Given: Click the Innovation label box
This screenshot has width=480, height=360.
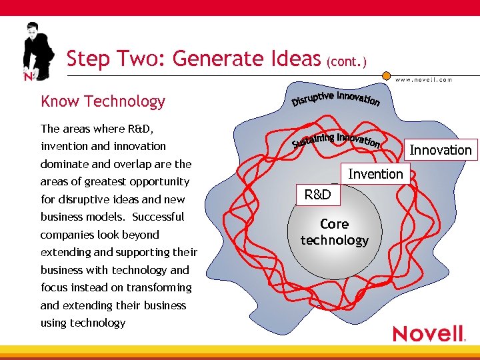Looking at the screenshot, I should point(440,150).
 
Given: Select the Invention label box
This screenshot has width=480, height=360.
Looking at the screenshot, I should point(375,174).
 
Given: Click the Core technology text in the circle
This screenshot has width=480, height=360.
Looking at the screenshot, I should point(334,232).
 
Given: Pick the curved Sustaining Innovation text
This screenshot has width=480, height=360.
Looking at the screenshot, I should point(337,139).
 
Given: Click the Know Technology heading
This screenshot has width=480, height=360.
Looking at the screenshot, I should point(103,101).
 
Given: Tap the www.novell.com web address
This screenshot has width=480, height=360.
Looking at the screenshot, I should point(423,79).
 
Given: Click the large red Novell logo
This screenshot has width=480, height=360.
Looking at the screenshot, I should point(428,333).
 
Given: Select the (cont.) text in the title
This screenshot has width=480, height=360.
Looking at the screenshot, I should point(345,61).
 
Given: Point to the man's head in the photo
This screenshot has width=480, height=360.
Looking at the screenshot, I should point(32,31).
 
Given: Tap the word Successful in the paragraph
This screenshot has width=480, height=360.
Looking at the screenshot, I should point(158,217).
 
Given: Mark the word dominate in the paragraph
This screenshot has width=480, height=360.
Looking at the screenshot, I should point(63,164).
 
